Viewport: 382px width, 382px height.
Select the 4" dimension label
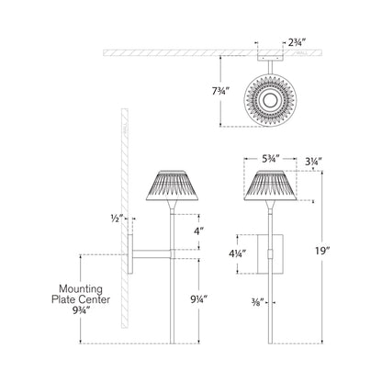click(x=199, y=233)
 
